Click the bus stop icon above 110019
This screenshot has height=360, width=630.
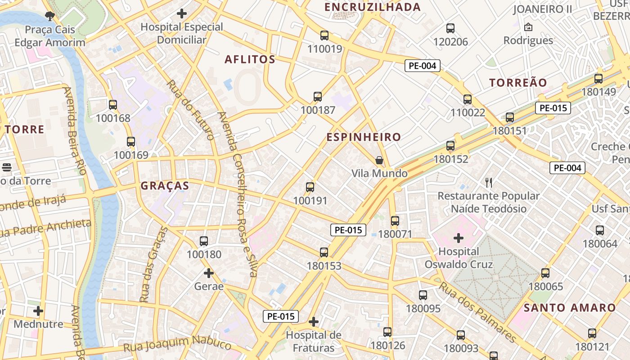[x=324, y=36]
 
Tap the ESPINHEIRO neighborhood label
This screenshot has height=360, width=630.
[x=363, y=137]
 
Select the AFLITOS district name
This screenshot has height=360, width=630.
[x=250, y=59]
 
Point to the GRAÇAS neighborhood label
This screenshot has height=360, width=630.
[x=165, y=186]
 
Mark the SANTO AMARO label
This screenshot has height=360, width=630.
[x=570, y=308]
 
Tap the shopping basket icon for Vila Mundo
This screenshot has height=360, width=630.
[x=379, y=160]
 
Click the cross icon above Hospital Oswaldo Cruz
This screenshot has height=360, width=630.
[x=459, y=238]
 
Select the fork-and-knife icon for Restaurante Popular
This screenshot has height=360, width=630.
[x=489, y=183]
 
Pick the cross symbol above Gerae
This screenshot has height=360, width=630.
[x=208, y=273]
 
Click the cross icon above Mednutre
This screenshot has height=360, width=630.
[x=38, y=311]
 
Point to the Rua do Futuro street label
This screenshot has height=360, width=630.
[x=189, y=110]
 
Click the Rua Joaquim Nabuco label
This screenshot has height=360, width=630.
[x=177, y=344]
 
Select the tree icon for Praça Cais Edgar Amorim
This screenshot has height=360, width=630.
[x=49, y=17]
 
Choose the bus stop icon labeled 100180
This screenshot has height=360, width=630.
[x=204, y=241]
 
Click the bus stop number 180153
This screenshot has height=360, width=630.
[x=324, y=266]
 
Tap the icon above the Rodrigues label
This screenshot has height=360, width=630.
[x=528, y=27]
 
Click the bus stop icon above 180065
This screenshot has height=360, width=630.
[x=545, y=273]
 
